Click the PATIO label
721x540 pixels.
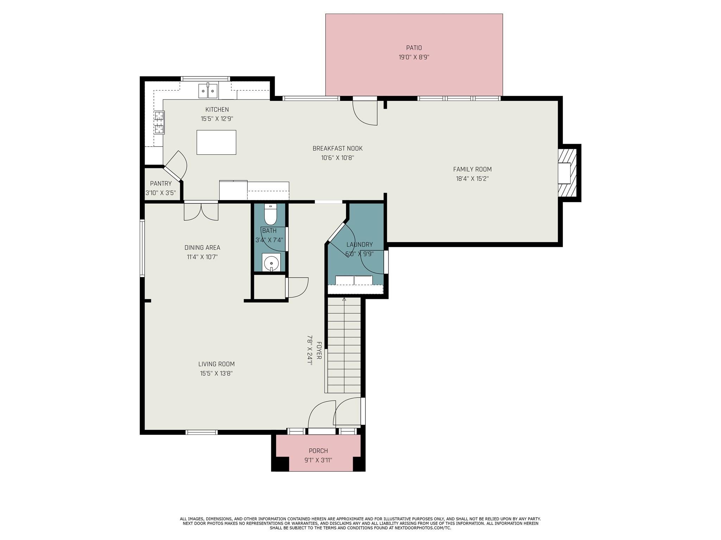(x=414, y=48)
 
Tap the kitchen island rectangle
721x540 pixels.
(x=216, y=142)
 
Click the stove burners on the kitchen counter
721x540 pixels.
(x=159, y=122)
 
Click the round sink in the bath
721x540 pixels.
(x=271, y=262)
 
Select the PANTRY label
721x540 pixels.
(x=161, y=184)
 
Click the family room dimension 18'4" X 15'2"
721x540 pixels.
(x=472, y=179)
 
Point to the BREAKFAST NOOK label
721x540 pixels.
(x=337, y=148)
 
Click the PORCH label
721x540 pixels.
(x=318, y=451)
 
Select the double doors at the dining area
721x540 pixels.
(x=201, y=212)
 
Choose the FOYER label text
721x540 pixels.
(x=319, y=350)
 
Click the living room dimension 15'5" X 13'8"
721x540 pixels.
(x=216, y=373)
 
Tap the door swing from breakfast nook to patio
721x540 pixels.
(x=365, y=113)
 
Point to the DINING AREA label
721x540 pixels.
(x=202, y=247)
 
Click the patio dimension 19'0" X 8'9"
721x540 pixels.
(x=414, y=57)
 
